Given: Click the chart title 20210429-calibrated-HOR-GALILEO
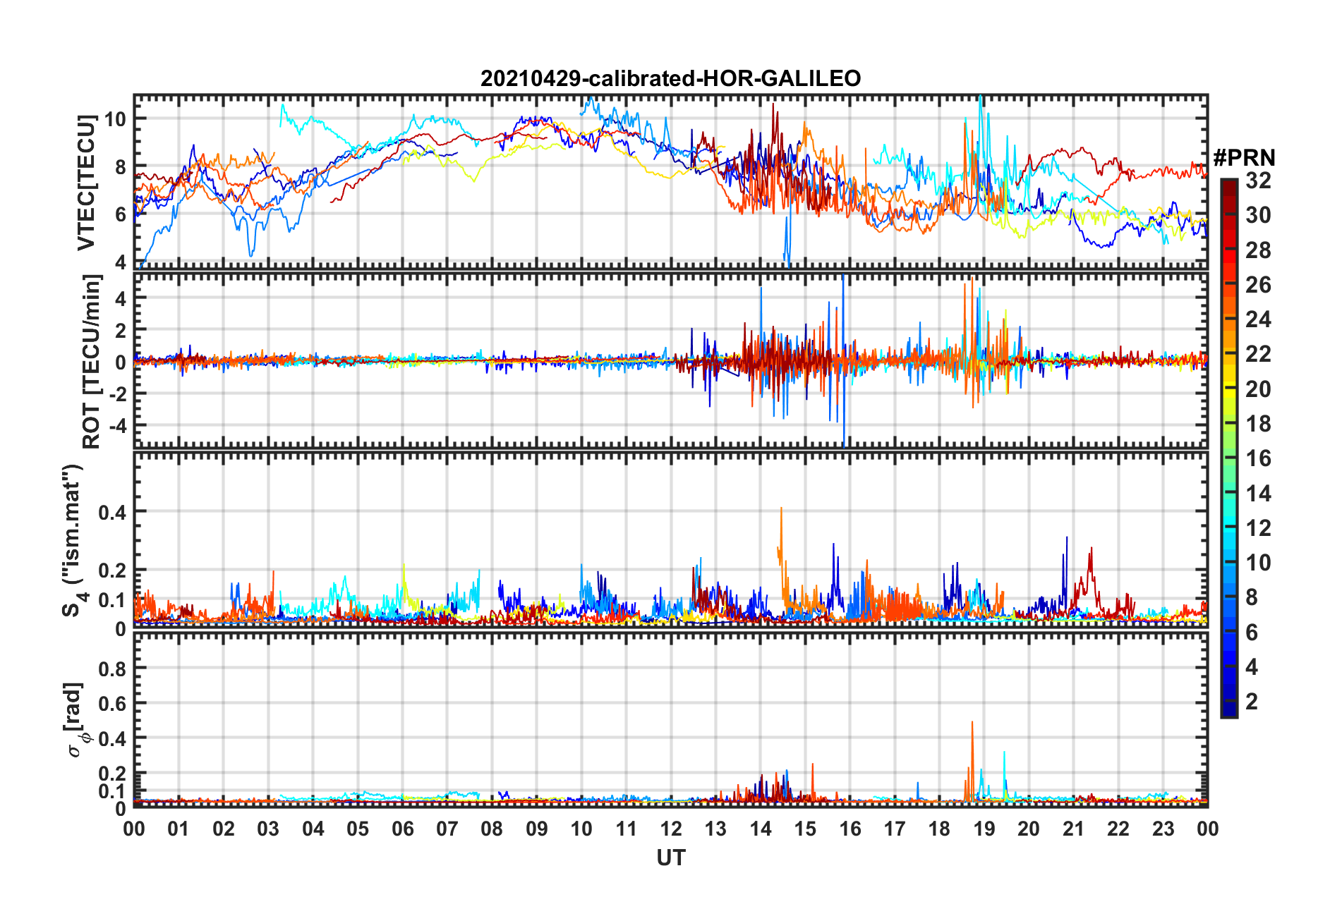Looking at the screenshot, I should click(670, 78).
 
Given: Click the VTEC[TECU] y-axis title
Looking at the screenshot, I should click(86, 183).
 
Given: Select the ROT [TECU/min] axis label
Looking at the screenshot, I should click(92, 362).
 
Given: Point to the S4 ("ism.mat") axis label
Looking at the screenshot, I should click(73, 541).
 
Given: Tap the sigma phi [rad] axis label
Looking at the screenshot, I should click(76, 720).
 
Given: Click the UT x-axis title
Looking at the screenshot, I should click(670, 858).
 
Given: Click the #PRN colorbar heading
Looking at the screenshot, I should click(1244, 157).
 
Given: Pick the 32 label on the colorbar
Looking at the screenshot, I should click(1258, 181).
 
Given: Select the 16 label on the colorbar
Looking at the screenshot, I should click(1258, 458).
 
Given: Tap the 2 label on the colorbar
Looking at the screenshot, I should click(1252, 701).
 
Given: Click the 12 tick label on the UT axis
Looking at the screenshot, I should click(671, 829).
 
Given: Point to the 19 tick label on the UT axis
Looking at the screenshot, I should click(984, 829).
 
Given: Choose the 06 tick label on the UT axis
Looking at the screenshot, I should click(402, 829).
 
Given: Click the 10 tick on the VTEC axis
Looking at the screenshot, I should click(115, 118).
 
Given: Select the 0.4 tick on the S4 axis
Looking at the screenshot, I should click(112, 511).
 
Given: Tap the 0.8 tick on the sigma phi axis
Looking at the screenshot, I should click(112, 668).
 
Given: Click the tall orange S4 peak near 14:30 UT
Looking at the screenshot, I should click(781, 508).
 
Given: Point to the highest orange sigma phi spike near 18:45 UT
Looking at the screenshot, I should click(972, 722).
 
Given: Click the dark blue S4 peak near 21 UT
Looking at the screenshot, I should click(1066, 538).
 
